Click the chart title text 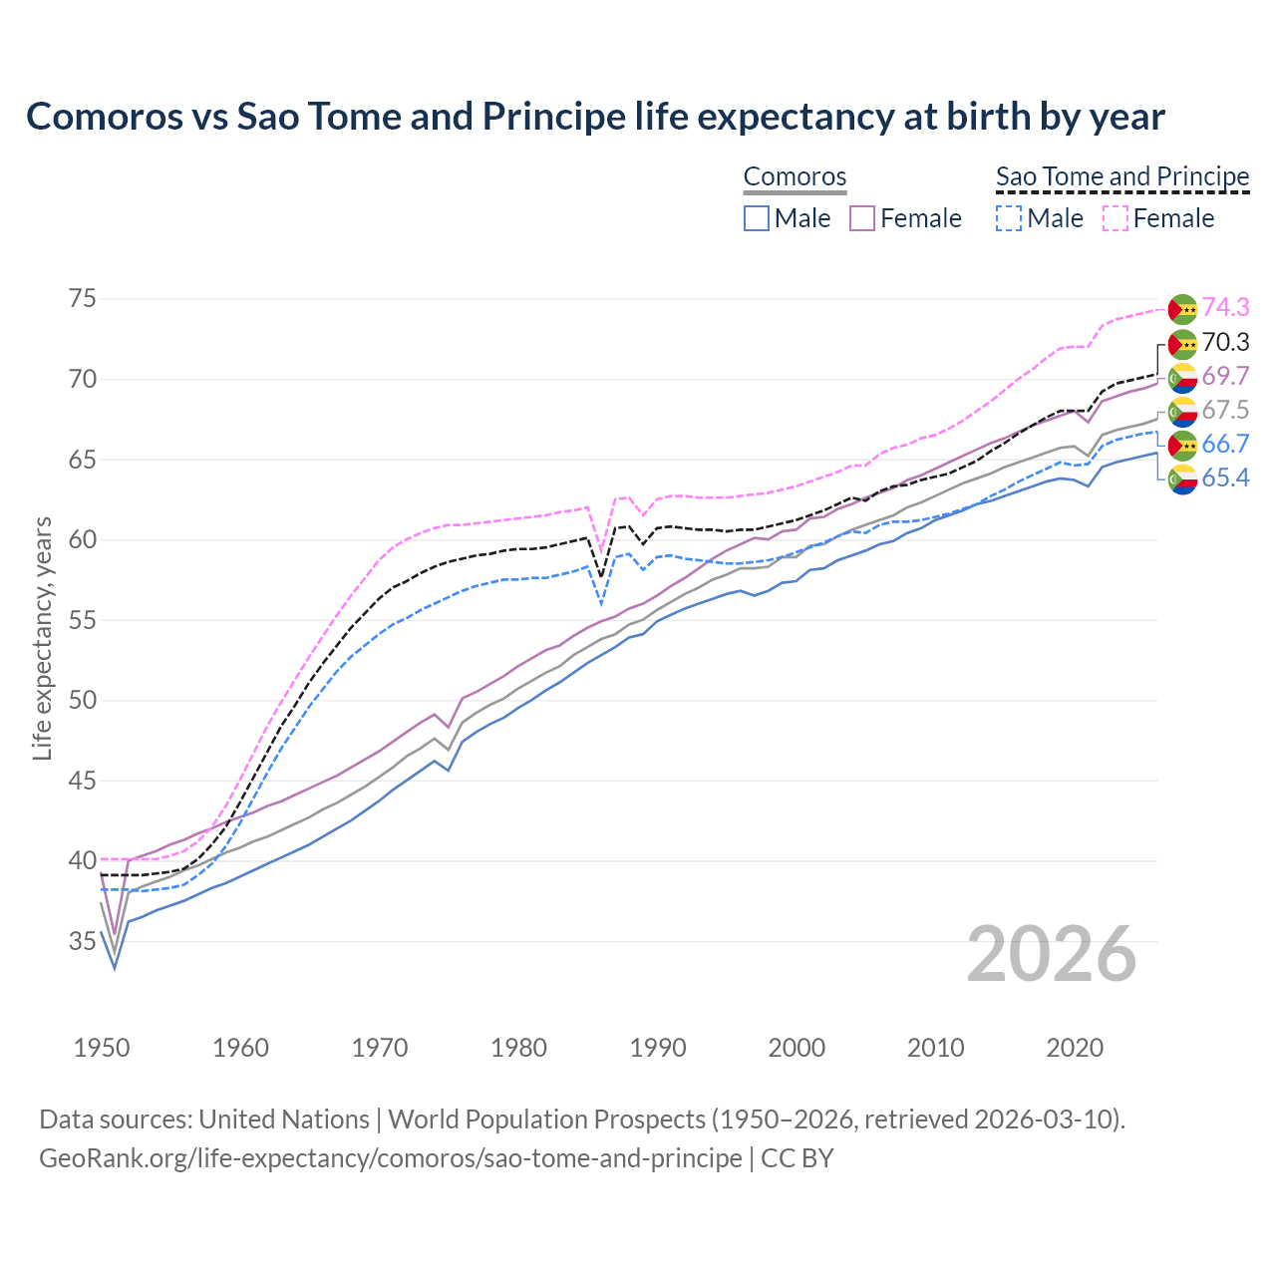click(x=595, y=117)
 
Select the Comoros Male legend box click(x=757, y=218)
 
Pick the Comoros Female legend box click(x=862, y=218)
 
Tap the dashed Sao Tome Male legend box click(x=1009, y=218)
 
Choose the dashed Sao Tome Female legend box click(x=1116, y=218)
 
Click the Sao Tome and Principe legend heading click(x=1122, y=176)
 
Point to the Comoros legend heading click(x=795, y=176)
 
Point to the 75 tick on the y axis click(x=83, y=299)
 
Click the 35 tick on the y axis click(x=83, y=941)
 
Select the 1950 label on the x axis click(x=102, y=1048)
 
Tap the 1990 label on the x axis click(x=658, y=1048)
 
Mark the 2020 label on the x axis click(x=1075, y=1048)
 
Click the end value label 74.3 click(x=1225, y=308)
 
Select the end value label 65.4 click(x=1225, y=478)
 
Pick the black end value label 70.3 click(x=1225, y=343)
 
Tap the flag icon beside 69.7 click(x=1182, y=377)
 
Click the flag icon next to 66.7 click(x=1182, y=445)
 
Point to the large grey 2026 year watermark click(x=1051, y=954)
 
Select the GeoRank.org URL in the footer click(x=390, y=1158)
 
